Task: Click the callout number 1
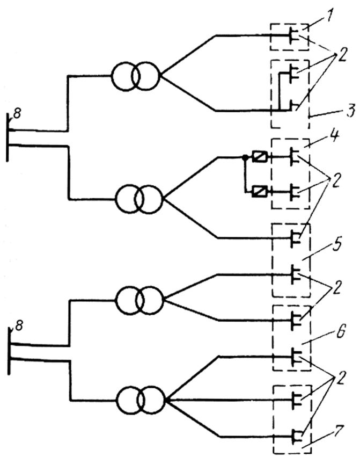(x=327, y=18)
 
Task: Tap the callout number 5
(x=336, y=245)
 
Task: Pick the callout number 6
(x=340, y=331)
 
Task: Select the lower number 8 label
(x=18, y=326)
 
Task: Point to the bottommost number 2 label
(x=341, y=378)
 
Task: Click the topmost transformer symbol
(x=135, y=76)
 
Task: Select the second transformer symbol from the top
(x=139, y=199)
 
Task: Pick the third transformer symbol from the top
(x=139, y=300)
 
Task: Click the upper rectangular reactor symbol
(x=260, y=157)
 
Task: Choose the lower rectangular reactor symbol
(x=260, y=192)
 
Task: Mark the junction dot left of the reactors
(x=245, y=157)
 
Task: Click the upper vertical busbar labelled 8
(x=8, y=137)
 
